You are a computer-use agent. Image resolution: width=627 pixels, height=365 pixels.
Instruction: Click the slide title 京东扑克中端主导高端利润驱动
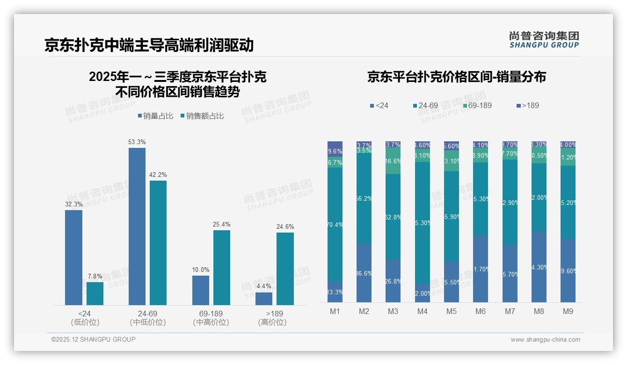click(149, 45)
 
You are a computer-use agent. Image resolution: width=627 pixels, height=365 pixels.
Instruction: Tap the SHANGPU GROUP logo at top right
click(544, 40)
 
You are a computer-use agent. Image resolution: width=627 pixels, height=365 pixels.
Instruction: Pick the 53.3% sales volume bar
click(137, 226)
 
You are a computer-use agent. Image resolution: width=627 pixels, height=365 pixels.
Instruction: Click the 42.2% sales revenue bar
click(158, 243)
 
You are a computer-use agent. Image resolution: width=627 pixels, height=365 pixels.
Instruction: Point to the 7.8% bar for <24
click(95, 293)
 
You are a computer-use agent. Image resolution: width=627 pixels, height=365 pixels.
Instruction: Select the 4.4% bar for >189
click(264, 299)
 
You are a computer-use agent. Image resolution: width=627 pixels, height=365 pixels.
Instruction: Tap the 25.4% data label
click(221, 225)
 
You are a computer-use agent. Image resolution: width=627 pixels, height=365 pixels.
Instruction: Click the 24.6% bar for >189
click(285, 269)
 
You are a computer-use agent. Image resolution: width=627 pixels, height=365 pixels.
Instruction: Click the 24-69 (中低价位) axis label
click(148, 318)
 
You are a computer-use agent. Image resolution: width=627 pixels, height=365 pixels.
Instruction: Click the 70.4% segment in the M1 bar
click(335, 224)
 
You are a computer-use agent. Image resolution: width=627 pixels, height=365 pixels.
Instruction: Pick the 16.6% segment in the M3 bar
click(393, 161)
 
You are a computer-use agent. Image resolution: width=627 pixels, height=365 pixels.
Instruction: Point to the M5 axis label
click(451, 311)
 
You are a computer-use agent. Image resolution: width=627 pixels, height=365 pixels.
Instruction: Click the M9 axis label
click(568, 311)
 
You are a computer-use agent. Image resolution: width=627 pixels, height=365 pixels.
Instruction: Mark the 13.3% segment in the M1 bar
click(335, 292)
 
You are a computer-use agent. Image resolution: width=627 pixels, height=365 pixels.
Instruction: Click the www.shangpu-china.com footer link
click(545, 340)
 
